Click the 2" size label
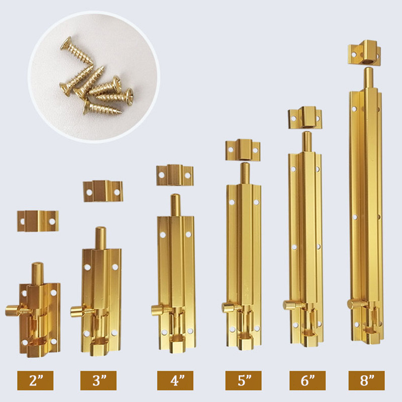(x=35, y=380)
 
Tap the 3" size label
(x=98, y=380)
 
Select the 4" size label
(x=175, y=380)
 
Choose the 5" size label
(x=244, y=380)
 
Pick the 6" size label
(x=308, y=380)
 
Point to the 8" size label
(x=367, y=380)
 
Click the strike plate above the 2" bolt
(x=38, y=221)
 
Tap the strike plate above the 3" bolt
(x=103, y=191)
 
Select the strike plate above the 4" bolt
(x=175, y=175)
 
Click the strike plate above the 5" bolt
(x=243, y=150)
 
